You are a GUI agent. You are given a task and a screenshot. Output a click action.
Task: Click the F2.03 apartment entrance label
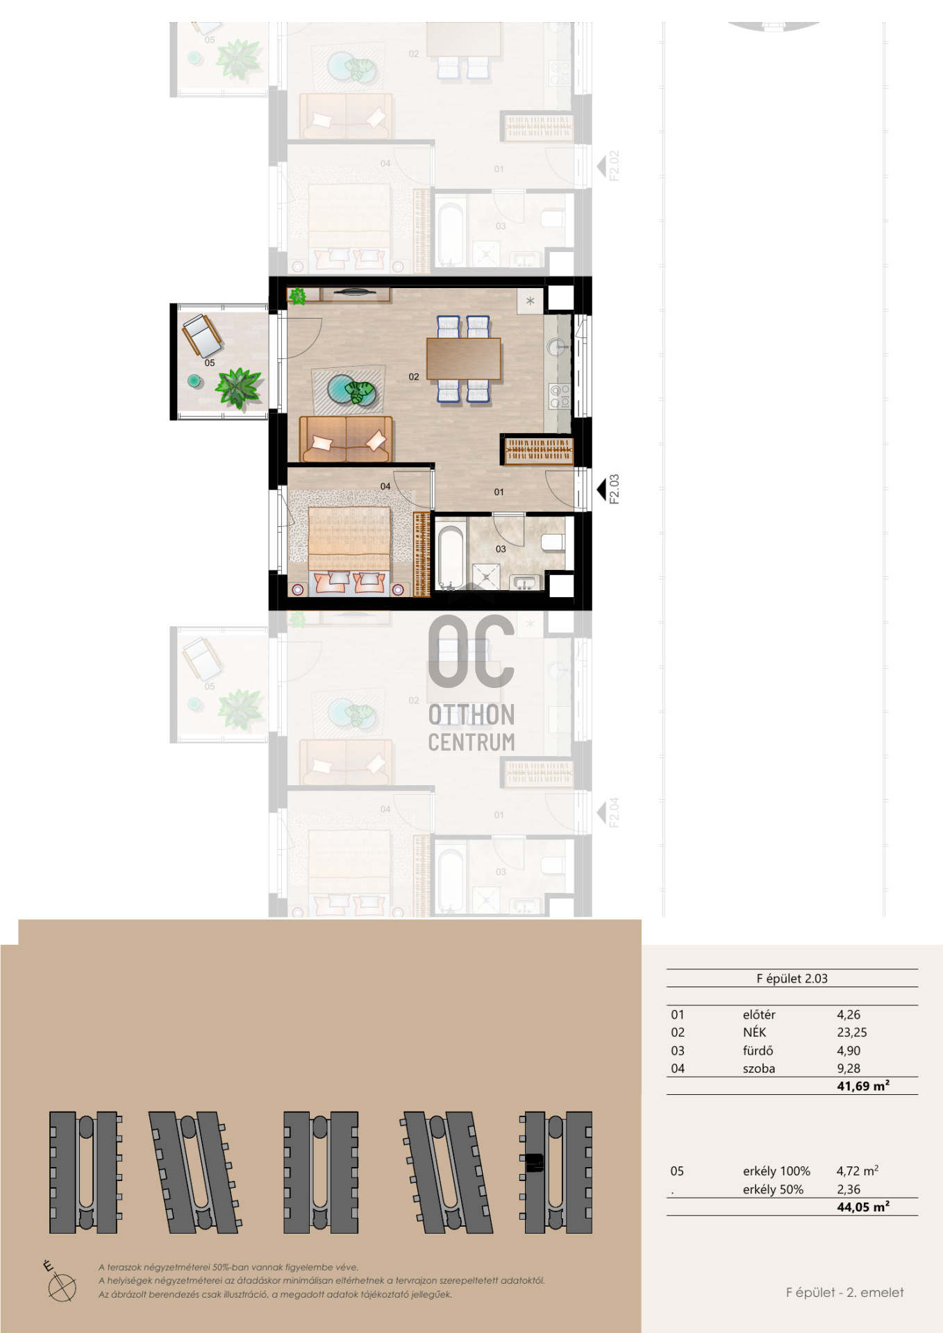tap(614, 489)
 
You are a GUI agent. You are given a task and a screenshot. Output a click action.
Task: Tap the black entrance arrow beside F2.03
tap(601, 489)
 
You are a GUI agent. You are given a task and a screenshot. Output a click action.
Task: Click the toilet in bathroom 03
tap(553, 542)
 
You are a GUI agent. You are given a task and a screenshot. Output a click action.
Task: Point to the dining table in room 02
tap(464, 358)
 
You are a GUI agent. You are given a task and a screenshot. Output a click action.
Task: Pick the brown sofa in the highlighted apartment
tap(346, 439)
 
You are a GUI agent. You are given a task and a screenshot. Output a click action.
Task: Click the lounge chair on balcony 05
tap(201, 335)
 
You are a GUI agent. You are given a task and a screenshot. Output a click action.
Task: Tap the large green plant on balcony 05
tap(238, 387)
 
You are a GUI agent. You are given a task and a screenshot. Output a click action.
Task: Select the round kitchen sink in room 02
tap(556, 346)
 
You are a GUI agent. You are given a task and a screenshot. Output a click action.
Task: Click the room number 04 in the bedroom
tap(385, 487)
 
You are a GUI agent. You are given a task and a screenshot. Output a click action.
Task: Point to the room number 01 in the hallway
tap(499, 492)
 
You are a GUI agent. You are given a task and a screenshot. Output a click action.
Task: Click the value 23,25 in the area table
tap(852, 1032)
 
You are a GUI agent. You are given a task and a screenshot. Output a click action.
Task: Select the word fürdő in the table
tap(758, 1050)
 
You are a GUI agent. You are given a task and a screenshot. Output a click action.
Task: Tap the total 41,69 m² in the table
tap(863, 1086)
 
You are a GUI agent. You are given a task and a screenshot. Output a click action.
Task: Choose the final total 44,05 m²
tap(863, 1207)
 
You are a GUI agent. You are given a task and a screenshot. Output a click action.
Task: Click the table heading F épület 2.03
tap(792, 978)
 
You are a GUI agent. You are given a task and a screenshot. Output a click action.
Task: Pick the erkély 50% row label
tap(773, 1189)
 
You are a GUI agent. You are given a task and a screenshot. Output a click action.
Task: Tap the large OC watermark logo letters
tap(471, 651)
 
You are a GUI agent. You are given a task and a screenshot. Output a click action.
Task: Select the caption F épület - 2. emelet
tap(845, 1292)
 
